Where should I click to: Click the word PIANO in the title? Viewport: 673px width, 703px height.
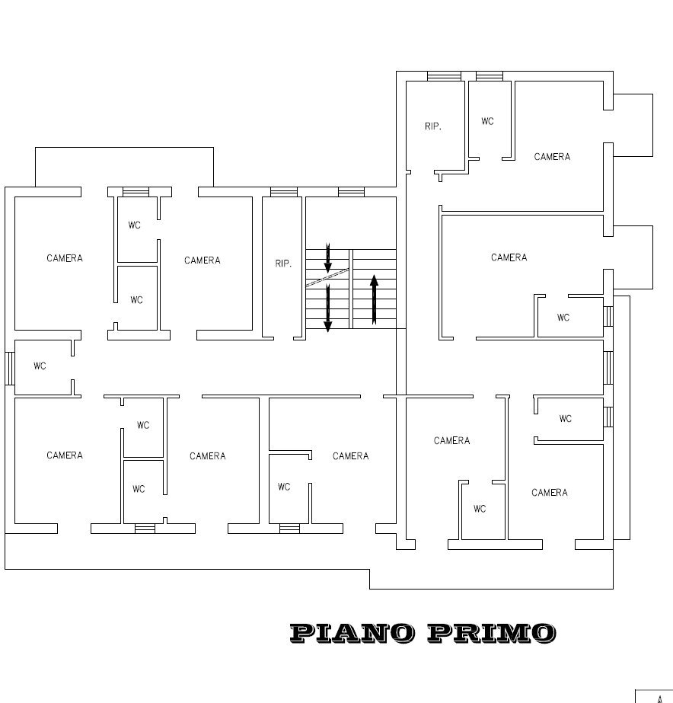point(351,632)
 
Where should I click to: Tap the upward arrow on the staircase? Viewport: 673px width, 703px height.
point(374,299)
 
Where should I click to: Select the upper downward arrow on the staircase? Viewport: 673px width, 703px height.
point(328,258)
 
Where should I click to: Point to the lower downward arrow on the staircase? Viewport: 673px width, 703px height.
point(328,308)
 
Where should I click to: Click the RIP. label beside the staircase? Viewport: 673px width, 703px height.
point(283,264)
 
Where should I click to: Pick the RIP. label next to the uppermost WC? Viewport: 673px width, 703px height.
point(433,126)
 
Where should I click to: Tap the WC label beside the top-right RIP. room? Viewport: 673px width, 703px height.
point(487,121)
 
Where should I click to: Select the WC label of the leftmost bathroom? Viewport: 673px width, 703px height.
point(40,366)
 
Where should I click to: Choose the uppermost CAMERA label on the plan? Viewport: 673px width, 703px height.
point(552,157)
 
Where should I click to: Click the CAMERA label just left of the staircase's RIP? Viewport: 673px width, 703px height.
point(203,260)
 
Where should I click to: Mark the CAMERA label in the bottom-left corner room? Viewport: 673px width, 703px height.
point(65,455)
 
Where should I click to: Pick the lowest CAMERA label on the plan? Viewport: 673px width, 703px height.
point(550,493)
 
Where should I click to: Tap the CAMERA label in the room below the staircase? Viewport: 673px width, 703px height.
point(351,456)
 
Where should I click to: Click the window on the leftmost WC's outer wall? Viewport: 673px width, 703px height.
point(9,368)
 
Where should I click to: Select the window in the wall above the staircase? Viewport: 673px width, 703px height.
point(351,192)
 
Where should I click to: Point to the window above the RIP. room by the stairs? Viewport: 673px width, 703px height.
point(283,192)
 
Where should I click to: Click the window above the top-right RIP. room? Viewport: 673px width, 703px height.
point(443,75)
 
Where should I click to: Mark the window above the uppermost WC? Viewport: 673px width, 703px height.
point(489,75)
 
